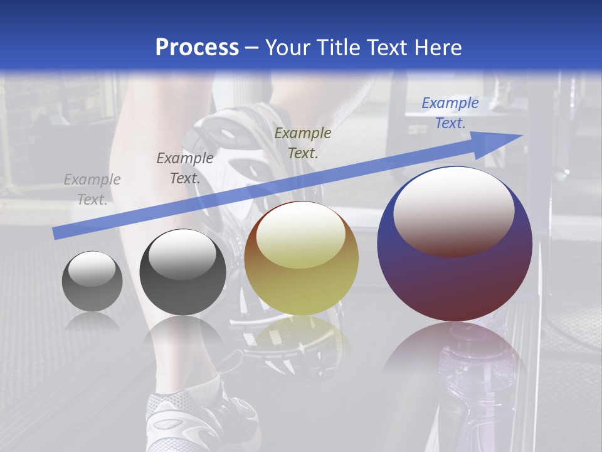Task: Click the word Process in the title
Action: (x=197, y=47)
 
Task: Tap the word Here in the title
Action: (x=437, y=48)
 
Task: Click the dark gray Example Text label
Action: (x=185, y=168)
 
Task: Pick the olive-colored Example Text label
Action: (x=303, y=143)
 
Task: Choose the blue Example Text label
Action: (x=450, y=113)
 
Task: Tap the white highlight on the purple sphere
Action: (x=453, y=207)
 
